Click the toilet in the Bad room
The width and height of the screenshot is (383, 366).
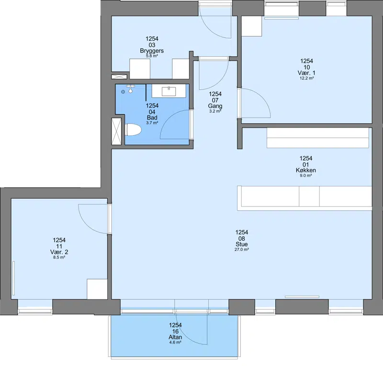pyautogui.click(x=134, y=129)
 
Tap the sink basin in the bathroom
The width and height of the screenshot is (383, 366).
pyautogui.click(x=169, y=91)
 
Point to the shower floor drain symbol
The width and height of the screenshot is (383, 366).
pyautogui.click(x=123, y=92)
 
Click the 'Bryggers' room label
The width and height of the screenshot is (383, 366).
pyautogui.click(x=152, y=51)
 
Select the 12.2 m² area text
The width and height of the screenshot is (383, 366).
pyautogui.click(x=306, y=78)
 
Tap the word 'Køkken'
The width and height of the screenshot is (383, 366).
pyautogui.click(x=305, y=170)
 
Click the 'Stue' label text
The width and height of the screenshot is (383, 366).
pyautogui.click(x=242, y=244)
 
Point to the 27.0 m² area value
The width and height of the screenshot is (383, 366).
pyautogui.click(x=242, y=249)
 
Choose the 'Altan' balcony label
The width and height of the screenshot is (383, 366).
pyautogui.click(x=175, y=337)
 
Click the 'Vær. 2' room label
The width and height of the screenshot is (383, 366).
pyautogui.click(x=59, y=252)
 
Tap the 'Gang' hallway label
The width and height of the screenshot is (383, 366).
pyautogui.click(x=215, y=106)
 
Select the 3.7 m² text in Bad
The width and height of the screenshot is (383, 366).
pyautogui.click(x=152, y=123)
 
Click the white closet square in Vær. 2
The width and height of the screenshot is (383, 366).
pyautogui.click(x=97, y=289)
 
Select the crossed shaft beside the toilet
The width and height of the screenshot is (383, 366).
pyautogui.click(x=116, y=131)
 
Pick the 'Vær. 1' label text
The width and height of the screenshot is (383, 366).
pyautogui.click(x=306, y=73)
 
